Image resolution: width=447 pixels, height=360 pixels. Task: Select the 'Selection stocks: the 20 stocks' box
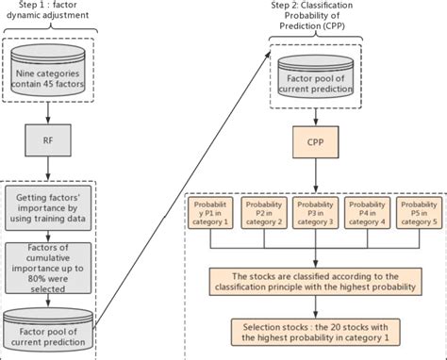[x=316, y=332]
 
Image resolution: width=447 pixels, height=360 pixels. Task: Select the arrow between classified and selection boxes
[x=316, y=308]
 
